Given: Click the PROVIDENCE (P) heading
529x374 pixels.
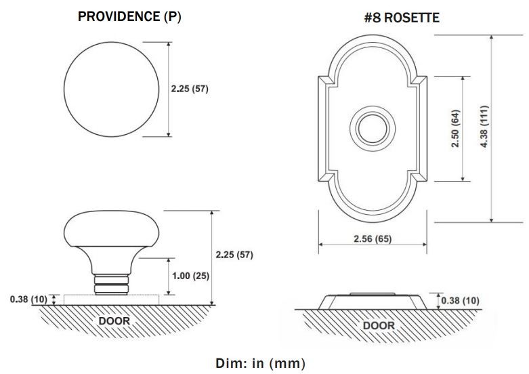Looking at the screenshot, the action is (x=129, y=16).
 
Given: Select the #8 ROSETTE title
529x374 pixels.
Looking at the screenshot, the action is (x=402, y=18).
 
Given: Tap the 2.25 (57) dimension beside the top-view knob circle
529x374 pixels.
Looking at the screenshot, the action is (x=190, y=89).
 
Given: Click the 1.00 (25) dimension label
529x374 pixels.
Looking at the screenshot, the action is (x=190, y=276).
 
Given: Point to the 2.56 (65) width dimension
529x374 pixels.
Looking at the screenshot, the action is (x=373, y=238).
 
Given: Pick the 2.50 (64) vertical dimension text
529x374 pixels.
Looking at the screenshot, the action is (x=455, y=128).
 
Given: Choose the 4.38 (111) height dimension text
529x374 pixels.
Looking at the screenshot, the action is (x=484, y=127).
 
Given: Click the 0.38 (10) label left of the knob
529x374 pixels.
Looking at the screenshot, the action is (x=28, y=299).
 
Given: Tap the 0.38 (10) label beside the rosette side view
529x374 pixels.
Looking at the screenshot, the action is (x=460, y=300).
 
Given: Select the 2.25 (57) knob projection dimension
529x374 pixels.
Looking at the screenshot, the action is (x=234, y=255).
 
